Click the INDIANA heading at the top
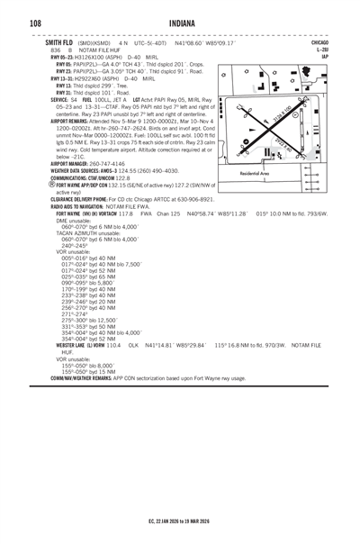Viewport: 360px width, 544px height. tap(180, 22)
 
